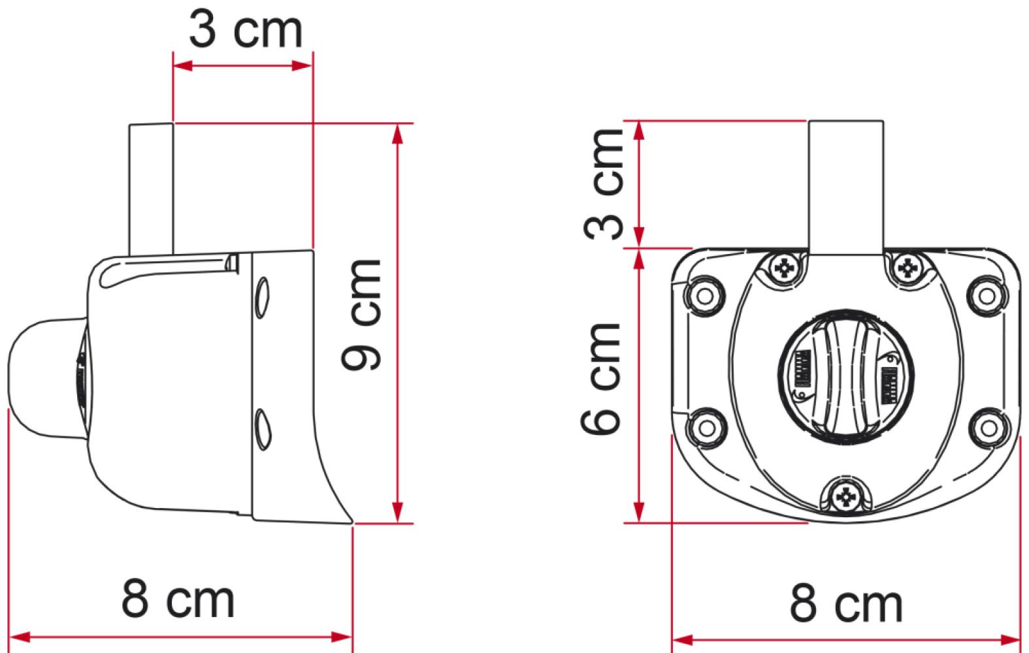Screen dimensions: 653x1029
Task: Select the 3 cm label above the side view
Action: (246, 31)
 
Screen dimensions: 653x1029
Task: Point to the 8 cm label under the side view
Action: (178, 599)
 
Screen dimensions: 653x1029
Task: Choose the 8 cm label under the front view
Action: (846, 604)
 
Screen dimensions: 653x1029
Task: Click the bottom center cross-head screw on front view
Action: (846, 498)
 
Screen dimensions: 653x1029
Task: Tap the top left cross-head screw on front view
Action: (784, 268)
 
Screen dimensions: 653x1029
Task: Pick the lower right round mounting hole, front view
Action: (987, 428)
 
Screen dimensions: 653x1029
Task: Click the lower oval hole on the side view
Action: (262, 428)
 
